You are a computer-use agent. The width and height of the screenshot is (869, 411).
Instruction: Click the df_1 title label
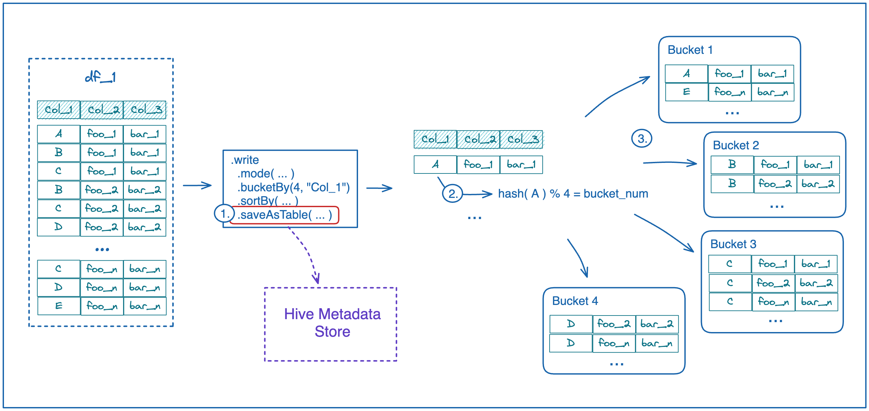[100, 77]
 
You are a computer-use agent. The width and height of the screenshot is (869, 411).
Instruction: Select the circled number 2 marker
[453, 193]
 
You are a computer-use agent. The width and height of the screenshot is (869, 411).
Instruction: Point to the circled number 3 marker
[641, 138]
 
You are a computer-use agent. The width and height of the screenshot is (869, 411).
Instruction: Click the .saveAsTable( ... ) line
[284, 215]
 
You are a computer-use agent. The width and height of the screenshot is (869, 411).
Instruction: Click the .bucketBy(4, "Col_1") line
[293, 187]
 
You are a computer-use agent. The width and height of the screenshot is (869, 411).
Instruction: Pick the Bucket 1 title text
[690, 50]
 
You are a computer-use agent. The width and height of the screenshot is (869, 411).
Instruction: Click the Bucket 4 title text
[575, 301]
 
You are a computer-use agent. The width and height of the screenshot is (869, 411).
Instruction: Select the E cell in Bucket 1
[686, 92]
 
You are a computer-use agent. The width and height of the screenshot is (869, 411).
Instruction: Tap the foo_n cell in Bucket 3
[773, 301]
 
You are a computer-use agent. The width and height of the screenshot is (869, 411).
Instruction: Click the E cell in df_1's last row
[59, 306]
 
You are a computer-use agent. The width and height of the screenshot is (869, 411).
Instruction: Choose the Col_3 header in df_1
[145, 110]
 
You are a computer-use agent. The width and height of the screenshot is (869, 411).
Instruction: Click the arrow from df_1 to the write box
[197, 185]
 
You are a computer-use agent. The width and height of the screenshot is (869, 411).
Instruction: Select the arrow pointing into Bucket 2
[669, 163]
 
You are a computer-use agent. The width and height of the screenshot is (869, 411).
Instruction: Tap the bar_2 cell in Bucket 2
[818, 184]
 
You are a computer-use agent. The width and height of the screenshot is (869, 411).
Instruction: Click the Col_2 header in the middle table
[478, 139]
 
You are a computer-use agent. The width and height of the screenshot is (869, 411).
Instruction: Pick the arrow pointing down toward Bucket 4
[579, 258]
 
